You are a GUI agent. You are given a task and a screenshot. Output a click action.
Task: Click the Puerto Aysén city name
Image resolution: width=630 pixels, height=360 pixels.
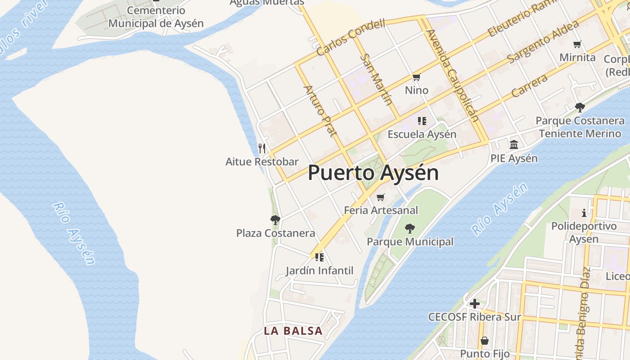click(x=373, y=173)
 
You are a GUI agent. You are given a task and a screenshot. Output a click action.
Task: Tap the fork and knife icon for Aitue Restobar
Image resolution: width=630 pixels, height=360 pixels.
click(x=262, y=148)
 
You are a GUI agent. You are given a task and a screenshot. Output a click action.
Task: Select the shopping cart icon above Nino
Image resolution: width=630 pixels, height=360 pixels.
click(x=416, y=77)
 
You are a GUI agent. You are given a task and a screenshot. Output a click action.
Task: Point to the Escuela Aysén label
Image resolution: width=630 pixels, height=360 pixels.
click(x=422, y=134)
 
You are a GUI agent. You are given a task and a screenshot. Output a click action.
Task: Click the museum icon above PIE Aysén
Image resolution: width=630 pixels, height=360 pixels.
click(x=514, y=144)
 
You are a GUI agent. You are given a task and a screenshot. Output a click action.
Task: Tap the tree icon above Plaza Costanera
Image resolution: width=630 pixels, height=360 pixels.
click(x=275, y=220)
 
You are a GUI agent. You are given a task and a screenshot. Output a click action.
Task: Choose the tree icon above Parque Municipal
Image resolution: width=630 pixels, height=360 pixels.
click(x=409, y=229)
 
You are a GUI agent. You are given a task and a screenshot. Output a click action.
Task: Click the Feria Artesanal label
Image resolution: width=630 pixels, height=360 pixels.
click(x=381, y=210)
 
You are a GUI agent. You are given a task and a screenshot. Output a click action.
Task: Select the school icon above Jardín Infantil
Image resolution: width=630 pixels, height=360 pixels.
click(x=319, y=257)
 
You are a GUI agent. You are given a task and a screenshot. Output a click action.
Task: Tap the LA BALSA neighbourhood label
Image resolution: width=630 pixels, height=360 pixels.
click(x=293, y=331)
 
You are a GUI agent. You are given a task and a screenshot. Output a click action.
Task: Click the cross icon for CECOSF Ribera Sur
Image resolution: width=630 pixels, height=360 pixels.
click(x=474, y=304)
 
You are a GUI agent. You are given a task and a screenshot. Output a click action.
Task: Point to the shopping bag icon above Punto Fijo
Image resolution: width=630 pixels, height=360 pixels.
click(x=484, y=341)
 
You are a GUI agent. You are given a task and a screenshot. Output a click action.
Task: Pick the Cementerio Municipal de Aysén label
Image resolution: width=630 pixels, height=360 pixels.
click(x=156, y=17)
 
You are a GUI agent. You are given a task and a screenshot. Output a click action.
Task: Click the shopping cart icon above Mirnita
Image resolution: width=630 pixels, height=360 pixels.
click(x=577, y=44)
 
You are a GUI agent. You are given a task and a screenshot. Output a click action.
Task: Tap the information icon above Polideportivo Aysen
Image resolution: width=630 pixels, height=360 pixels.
click(x=584, y=212)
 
